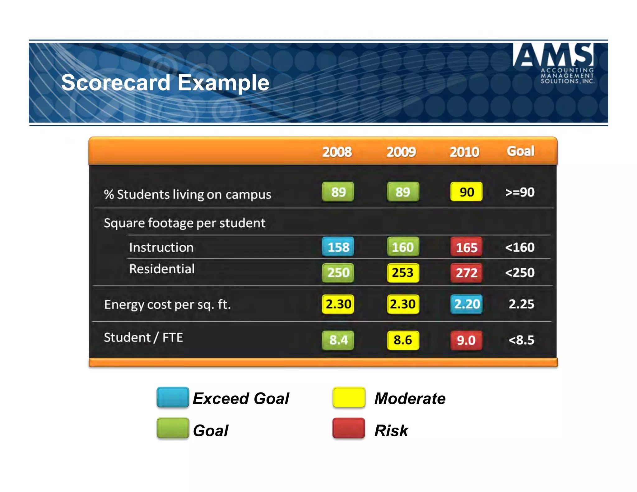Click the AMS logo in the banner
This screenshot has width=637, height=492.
coord(554,62)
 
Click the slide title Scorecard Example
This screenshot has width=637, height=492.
coord(165,83)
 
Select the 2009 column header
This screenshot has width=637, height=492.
coord(401,152)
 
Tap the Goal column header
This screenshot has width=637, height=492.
coord(520,151)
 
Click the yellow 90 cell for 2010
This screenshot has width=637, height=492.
coord(466,192)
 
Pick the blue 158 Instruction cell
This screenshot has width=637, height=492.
coord(338,247)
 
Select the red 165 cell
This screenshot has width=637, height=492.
coord(466,247)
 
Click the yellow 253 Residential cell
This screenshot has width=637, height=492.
coord(403,273)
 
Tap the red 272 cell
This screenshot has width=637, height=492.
coord(466,273)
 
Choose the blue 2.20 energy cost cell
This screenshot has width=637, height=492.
coord(466,304)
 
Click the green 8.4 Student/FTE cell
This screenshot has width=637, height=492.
coord(338,340)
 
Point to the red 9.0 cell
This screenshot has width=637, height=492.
coord(466,340)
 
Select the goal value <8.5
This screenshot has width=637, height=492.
coord(521,340)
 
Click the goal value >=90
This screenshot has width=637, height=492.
coord(520,192)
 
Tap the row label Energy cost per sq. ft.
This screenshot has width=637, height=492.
coord(167,304)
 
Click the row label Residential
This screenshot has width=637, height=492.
coord(162,269)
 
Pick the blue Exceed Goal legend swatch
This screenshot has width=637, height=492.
coord(173,397)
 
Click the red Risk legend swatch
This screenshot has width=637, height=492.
coord(348,428)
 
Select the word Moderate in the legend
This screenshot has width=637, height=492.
coord(410,398)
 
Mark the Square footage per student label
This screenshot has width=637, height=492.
coord(184,223)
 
